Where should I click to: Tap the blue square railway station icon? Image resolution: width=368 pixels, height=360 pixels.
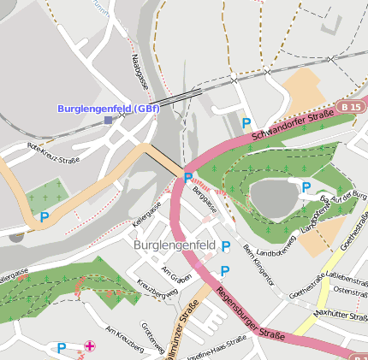[x=108, y=121]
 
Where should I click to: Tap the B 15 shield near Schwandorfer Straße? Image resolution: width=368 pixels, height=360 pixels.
[x=350, y=107]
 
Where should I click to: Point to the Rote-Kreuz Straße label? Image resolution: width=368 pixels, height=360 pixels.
[x=53, y=153]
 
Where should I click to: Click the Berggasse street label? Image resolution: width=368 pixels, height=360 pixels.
[x=206, y=203]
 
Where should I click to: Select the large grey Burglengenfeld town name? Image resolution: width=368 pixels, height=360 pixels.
[x=175, y=245]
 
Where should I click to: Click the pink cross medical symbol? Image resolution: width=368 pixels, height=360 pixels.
[x=90, y=346]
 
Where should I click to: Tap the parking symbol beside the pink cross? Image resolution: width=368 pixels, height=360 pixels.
[x=61, y=348]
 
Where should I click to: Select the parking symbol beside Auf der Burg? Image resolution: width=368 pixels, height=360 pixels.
[x=306, y=186]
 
